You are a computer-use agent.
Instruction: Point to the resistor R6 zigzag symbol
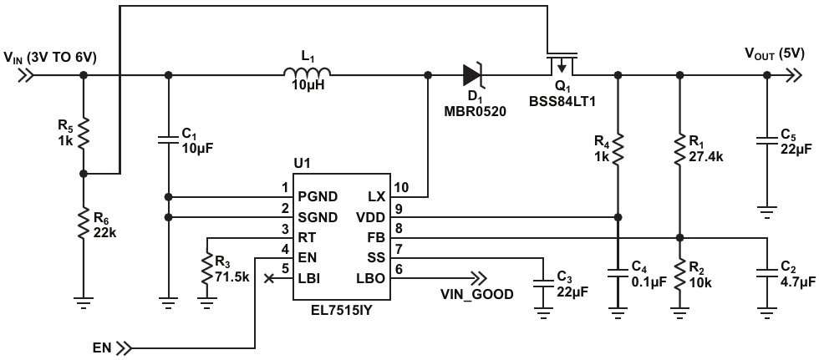pos(84,223)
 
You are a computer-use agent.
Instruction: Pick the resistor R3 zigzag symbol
pos(208,269)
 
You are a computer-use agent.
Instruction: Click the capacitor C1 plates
pos(168,141)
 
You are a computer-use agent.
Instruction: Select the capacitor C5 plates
pos(766,141)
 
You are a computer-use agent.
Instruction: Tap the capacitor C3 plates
pos(544,283)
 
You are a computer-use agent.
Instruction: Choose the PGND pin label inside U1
pos(318,196)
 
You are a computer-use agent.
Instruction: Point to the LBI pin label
pos(308,279)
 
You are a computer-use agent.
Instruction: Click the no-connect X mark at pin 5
pos(269,279)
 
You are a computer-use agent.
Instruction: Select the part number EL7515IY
pos(341,310)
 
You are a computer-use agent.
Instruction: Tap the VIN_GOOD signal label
pos(477,294)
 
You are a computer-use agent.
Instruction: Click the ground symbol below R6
pos(84,302)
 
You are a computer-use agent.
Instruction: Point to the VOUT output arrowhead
pos(794,75)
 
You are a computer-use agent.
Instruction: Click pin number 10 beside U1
pos(401,187)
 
